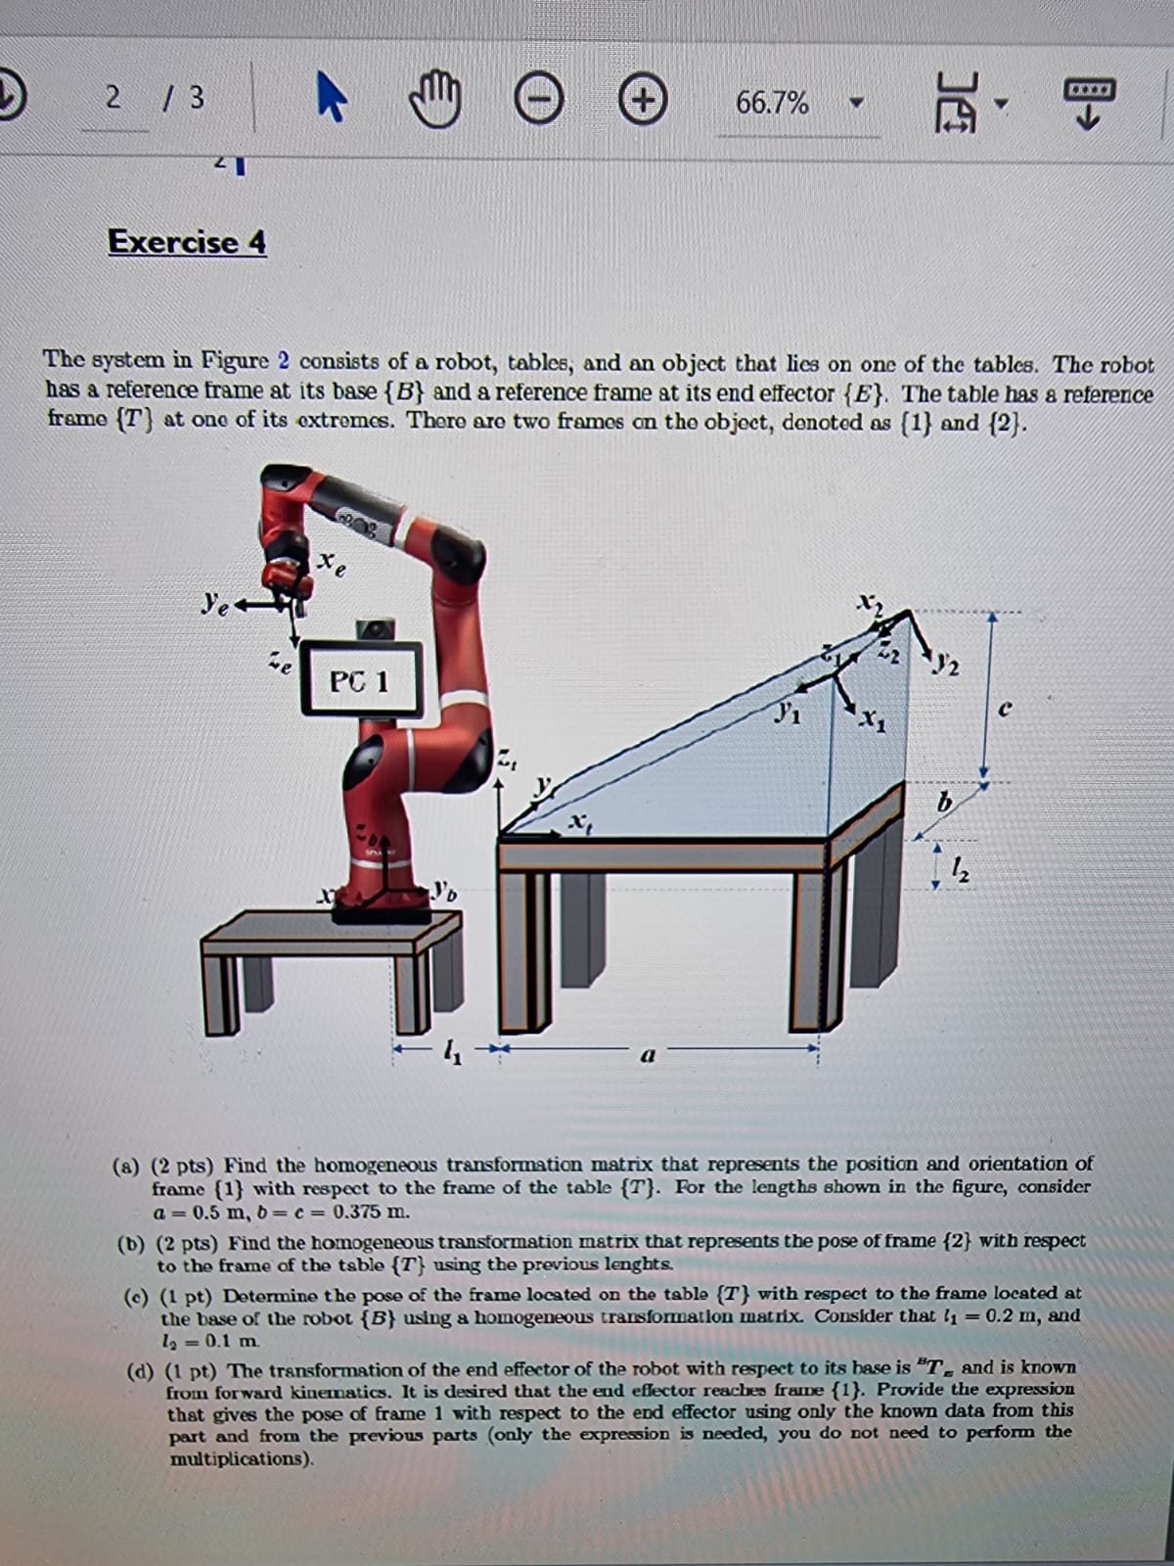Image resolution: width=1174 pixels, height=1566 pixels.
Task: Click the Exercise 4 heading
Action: (187, 242)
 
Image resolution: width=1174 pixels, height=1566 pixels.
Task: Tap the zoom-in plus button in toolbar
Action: (644, 102)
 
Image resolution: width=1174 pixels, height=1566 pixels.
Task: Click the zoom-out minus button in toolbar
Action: (538, 102)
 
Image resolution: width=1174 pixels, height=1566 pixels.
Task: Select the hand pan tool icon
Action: (434, 102)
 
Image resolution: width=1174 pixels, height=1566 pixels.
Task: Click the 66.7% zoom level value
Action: (772, 103)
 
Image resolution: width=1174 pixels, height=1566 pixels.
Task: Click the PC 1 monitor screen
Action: (360, 680)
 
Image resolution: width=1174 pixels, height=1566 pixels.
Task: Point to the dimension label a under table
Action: (647, 1056)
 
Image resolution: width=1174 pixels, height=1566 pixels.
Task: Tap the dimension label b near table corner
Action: (943, 804)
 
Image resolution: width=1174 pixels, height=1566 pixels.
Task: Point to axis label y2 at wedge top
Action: (946, 668)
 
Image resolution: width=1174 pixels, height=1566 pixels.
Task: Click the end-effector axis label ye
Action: (209, 601)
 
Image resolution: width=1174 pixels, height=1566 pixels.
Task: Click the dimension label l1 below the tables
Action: (450, 1053)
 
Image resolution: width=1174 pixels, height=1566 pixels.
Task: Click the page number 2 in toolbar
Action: (113, 98)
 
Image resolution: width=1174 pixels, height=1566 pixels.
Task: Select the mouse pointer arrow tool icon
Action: (331, 102)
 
